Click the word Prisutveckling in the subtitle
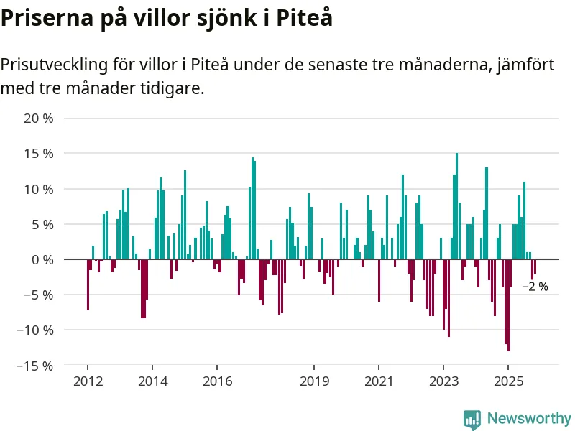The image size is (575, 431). [54, 65]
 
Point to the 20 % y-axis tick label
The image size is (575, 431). [39, 119]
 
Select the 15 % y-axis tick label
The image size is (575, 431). [39, 154]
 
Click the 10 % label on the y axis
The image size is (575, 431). [39, 189]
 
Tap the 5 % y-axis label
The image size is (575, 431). [42, 224]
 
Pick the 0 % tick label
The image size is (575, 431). [42, 259]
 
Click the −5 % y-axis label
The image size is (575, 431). [39, 295]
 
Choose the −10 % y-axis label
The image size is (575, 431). [35, 330]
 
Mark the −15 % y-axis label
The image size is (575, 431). [35, 366]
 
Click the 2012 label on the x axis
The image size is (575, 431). [88, 381]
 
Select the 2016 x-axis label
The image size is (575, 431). [217, 381]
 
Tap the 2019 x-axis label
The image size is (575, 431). [314, 381]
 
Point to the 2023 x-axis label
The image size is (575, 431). [443, 381]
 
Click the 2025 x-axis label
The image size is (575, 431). [508, 381]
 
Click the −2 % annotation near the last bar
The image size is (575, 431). [535, 287]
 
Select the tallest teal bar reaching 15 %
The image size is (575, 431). [456, 206]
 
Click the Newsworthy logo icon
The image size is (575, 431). [472, 419]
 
